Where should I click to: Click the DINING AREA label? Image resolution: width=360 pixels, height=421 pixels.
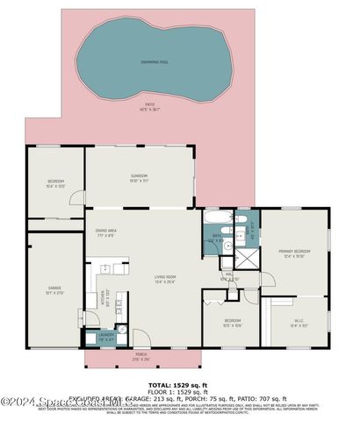pos(107,232)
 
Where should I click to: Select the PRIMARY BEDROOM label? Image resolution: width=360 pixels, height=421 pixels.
pos(295,253)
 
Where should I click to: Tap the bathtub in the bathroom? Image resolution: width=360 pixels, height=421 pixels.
pos(218,217)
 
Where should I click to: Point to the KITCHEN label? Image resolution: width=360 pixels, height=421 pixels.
pos(103,296)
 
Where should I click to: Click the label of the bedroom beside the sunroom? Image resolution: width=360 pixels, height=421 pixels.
pos(55,183)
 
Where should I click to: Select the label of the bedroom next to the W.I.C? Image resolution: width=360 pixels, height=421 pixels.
pos(232,322)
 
